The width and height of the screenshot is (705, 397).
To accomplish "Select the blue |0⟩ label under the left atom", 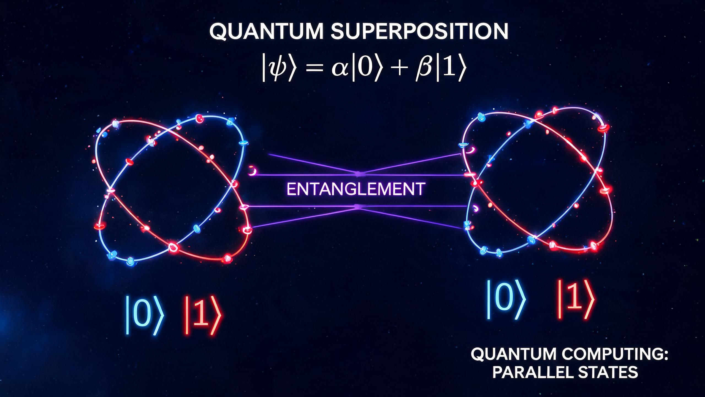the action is [x=145, y=314].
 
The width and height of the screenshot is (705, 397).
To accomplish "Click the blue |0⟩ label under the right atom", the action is [x=506, y=303].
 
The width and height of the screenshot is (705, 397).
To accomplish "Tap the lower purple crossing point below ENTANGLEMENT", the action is [x=358, y=206].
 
